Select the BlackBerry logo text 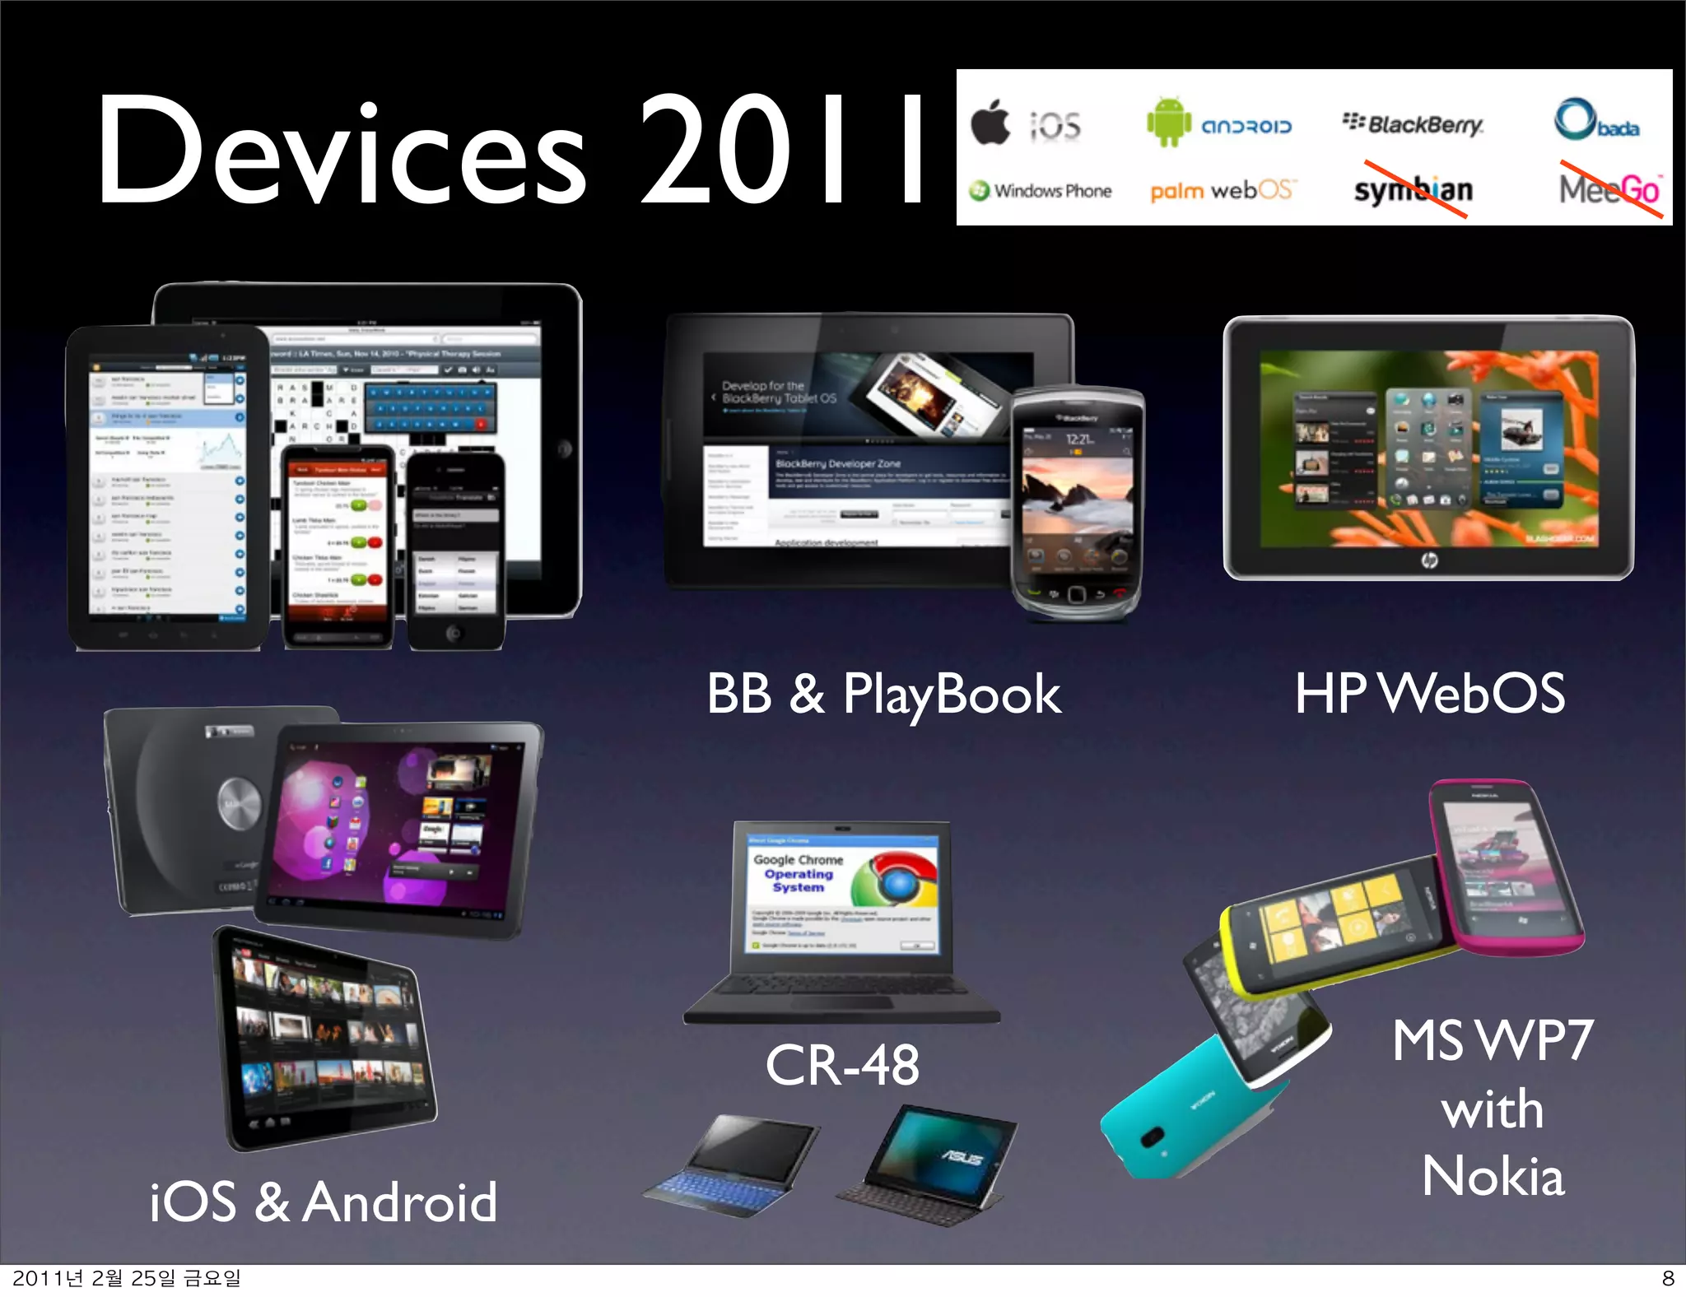point(1414,124)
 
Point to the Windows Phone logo point(1041,191)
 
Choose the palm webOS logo point(1223,191)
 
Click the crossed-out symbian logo point(1413,190)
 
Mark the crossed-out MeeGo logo point(1609,190)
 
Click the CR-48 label point(841,1065)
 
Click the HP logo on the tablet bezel point(1429,560)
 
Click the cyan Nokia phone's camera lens point(1152,1137)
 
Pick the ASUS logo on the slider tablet point(962,1158)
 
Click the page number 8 point(1668,1278)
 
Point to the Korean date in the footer point(127,1278)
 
